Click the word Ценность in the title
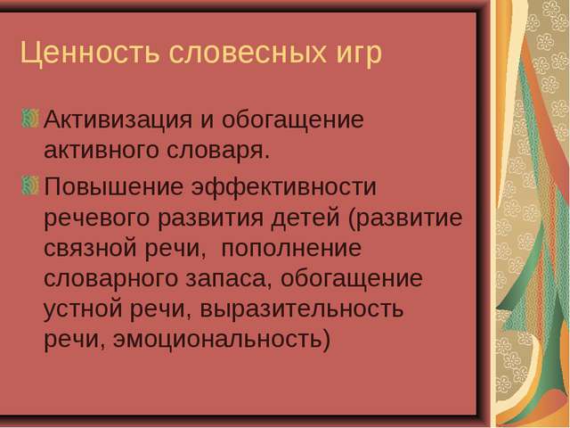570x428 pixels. point(90,53)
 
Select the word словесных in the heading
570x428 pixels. point(248,53)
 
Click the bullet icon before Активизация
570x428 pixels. point(29,118)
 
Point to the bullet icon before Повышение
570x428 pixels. point(29,185)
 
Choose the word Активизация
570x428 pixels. point(118,119)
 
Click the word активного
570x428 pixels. point(101,150)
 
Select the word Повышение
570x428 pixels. point(113,186)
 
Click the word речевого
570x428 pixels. point(97,218)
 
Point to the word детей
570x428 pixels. point(305,218)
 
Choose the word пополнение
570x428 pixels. point(291,249)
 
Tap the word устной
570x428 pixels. point(83,310)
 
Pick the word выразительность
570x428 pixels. point(302,310)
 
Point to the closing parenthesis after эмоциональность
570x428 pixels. point(326,341)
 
